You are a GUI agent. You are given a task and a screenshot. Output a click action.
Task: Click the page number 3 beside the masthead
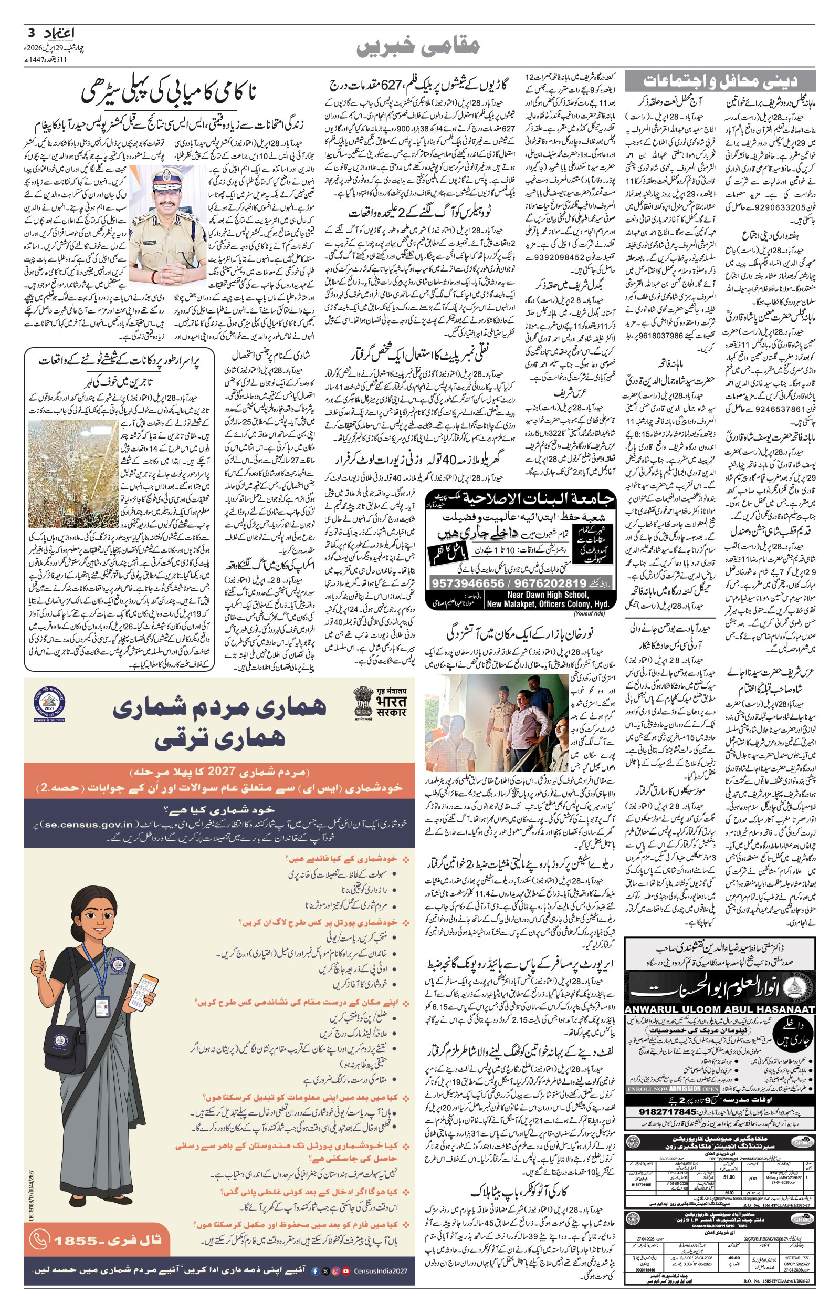click(30, 33)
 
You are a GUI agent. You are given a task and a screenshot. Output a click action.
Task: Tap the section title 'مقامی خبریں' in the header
click(419, 47)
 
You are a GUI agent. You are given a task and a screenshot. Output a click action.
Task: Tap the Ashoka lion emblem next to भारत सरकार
click(362, 703)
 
